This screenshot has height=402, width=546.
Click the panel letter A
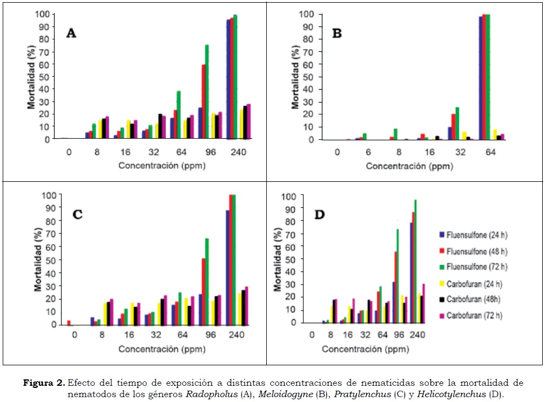(71, 33)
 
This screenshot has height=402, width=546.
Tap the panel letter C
(77, 214)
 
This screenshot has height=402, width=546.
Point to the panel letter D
(320, 215)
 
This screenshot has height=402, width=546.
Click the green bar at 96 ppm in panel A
(207, 92)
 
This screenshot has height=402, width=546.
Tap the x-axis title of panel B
(409, 166)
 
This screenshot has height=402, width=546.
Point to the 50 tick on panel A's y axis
(46, 76)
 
